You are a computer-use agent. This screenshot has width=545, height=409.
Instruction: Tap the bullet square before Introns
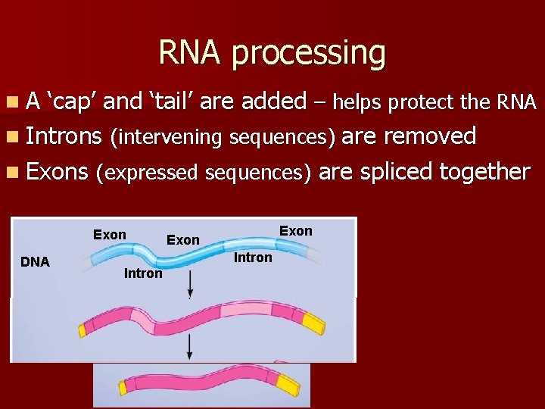[x=15, y=137]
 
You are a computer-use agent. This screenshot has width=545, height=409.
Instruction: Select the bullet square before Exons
[x=15, y=173]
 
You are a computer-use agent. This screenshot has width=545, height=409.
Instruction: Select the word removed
[x=431, y=136]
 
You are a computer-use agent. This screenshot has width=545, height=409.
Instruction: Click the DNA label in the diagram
[x=35, y=263]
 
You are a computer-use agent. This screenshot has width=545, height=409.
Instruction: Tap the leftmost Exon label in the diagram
[x=110, y=235]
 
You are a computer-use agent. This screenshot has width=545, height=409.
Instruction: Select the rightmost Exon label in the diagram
[x=296, y=231]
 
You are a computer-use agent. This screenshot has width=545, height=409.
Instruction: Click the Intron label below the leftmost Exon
[x=143, y=273]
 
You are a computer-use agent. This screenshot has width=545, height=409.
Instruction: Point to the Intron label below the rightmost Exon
[x=253, y=258]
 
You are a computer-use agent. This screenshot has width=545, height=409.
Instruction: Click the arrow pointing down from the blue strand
[x=189, y=284]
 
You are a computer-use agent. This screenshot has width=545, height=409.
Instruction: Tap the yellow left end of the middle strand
[x=83, y=329]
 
